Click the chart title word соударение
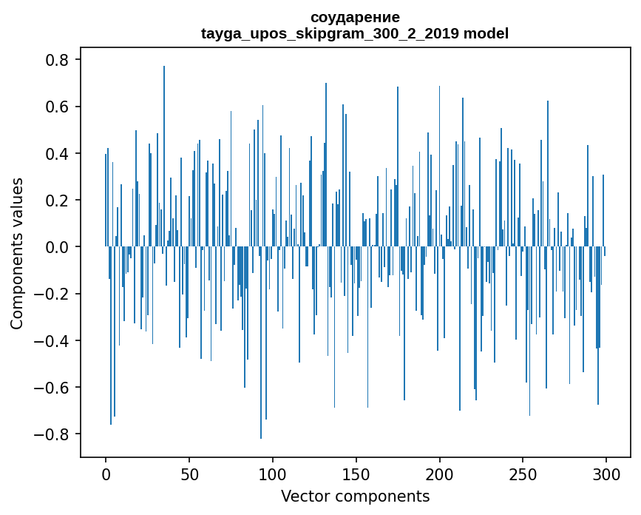pos(355,17)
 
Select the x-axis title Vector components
pos(355,496)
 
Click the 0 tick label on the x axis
pos(106,472)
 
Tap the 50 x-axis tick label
pos(189,472)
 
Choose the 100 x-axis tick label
pos(273,472)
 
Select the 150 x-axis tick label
pos(356,472)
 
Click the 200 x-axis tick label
pos(440,472)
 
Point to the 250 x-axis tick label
pos(523,472)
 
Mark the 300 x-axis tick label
pos(606,472)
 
